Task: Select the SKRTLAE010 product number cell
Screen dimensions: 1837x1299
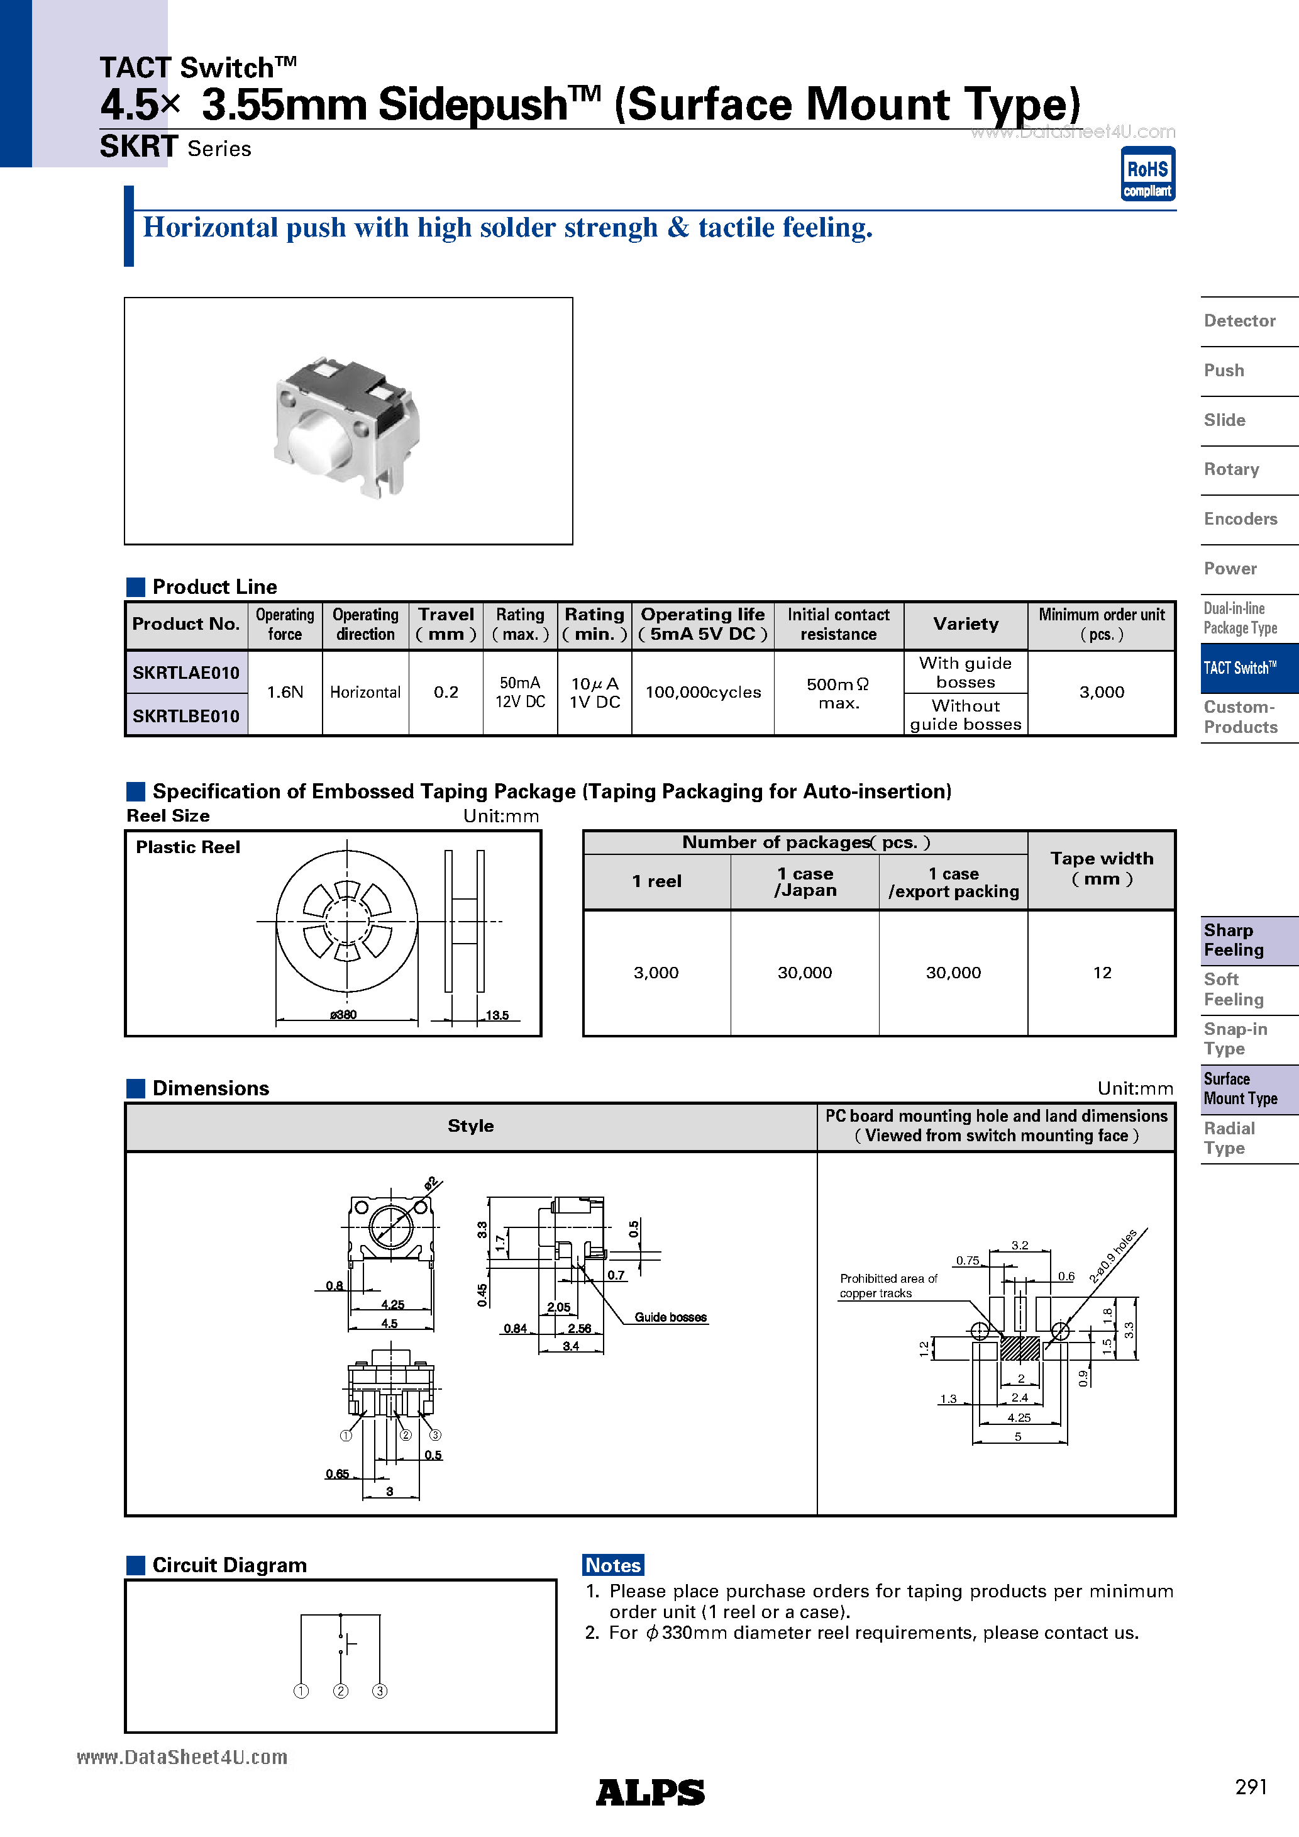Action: point(185,673)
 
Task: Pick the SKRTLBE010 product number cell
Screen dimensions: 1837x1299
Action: point(185,716)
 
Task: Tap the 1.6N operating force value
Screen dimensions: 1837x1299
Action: point(285,692)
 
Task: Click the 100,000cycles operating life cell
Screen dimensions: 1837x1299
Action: point(702,692)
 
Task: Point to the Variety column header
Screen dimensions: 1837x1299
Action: point(966,624)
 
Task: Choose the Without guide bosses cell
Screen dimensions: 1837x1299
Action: point(966,715)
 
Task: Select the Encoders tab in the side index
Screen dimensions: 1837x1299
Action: point(1240,519)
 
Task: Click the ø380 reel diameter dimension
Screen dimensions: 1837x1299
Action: point(344,1015)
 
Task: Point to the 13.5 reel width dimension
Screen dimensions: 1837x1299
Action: point(497,1015)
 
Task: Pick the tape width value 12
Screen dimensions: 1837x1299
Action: point(1102,973)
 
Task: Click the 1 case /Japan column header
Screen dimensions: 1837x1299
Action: point(804,881)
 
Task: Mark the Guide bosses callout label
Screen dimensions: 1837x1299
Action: point(670,1317)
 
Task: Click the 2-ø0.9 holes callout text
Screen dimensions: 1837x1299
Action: point(1113,1256)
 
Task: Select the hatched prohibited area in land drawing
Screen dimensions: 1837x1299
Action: point(1020,1349)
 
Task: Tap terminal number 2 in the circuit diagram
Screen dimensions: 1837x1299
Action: point(341,1690)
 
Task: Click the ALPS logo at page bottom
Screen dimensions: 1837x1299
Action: point(649,1793)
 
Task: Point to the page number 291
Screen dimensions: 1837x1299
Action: point(1250,1787)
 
